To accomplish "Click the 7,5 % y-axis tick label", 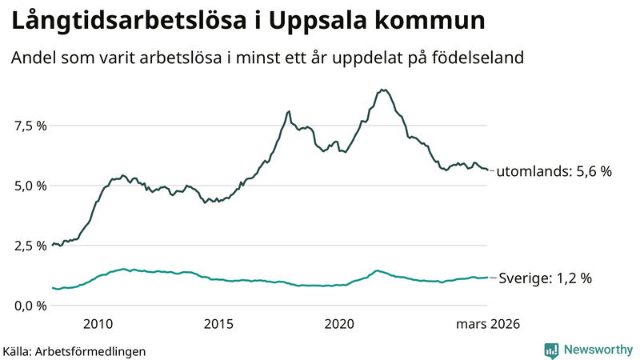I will [x=30, y=126].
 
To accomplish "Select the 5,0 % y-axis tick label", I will [x=30, y=186].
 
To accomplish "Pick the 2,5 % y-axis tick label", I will [x=30, y=246].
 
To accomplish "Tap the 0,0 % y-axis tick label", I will [x=30, y=306].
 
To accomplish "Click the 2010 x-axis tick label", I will [x=97, y=324].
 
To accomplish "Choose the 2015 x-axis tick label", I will [x=218, y=324].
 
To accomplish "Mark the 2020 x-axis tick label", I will [x=340, y=324].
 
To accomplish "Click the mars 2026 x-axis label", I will [x=488, y=324].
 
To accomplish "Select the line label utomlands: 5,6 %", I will [x=554, y=171].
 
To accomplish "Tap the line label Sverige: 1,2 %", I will [x=545, y=278].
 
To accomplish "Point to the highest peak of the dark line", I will [x=385, y=90].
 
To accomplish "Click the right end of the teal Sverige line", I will [x=487, y=278].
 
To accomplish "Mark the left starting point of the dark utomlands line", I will [x=52, y=246].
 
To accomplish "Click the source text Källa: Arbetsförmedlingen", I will [x=74, y=351].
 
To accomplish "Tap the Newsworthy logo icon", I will [x=551, y=350].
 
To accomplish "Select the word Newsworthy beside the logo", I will [x=598, y=350].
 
